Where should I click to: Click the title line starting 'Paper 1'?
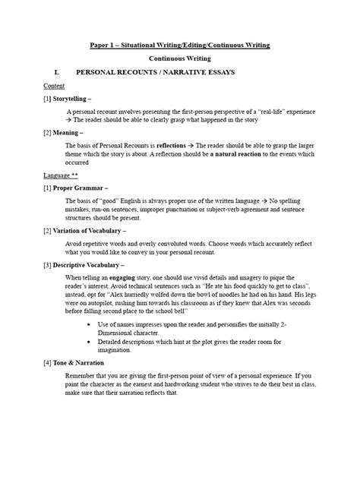180,45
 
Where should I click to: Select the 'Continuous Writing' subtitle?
180,58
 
